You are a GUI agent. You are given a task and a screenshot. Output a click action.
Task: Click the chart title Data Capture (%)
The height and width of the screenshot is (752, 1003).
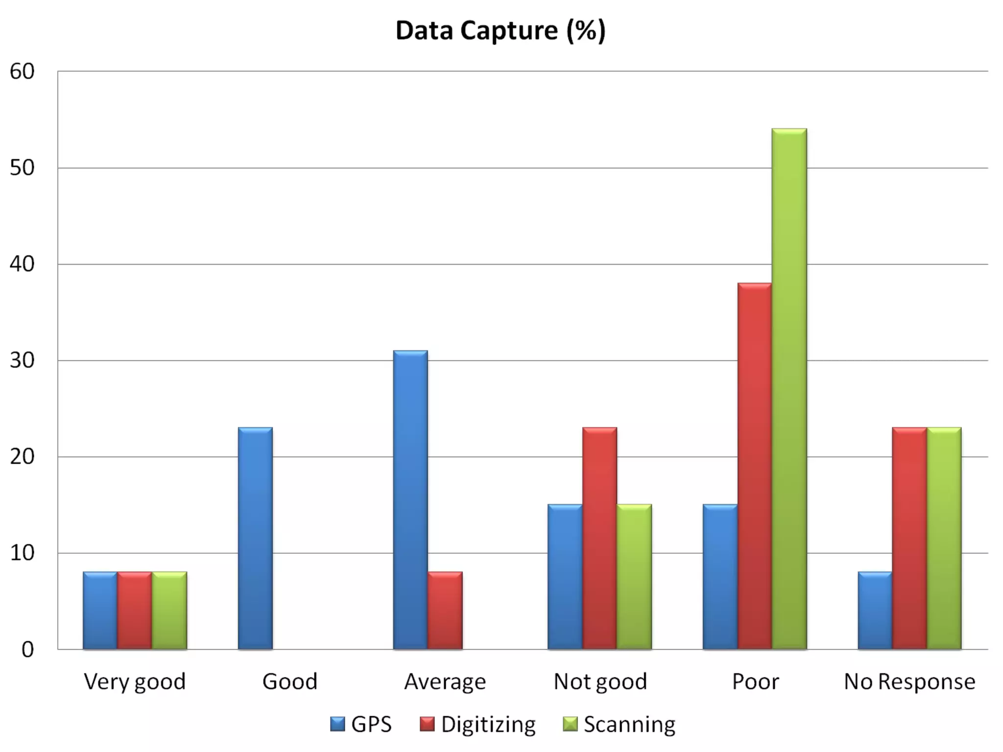pyautogui.click(x=501, y=30)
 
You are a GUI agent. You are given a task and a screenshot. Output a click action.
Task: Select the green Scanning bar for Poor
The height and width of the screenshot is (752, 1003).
pyautogui.click(x=789, y=389)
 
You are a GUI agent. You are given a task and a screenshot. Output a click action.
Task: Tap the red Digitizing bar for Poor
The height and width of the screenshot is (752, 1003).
pyautogui.click(x=754, y=466)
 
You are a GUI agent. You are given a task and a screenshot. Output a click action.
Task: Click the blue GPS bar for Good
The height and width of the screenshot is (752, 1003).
pyautogui.click(x=255, y=539)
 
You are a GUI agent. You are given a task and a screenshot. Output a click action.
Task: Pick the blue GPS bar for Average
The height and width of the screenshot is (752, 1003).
pyautogui.click(x=410, y=500)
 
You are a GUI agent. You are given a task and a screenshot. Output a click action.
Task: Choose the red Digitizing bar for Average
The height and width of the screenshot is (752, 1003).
pyautogui.click(x=445, y=611)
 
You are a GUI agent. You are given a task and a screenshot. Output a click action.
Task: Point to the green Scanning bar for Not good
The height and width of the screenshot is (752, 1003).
pyautogui.click(x=634, y=577)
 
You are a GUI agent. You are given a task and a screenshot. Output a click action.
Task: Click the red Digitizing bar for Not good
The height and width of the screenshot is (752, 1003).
pyautogui.click(x=599, y=539)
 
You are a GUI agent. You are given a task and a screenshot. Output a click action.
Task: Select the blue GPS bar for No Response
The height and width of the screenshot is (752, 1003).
pyautogui.click(x=875, y=611)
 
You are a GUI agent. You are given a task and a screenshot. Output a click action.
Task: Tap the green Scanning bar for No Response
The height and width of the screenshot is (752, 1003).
pyautogui.click(x=944, y=539)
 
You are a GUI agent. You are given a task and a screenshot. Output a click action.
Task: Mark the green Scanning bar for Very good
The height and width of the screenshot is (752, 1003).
pyautogui.click(x=169, y=611)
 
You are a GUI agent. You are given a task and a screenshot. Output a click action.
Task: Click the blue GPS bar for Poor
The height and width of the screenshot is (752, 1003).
pyautogui.click(x=720, y=577)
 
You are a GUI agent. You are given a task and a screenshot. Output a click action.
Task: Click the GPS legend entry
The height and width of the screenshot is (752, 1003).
pyautogui.click(x=361, y=724)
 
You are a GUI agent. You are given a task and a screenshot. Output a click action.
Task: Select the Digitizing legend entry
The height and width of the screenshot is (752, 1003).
pyautogui.click(x=478, y=724)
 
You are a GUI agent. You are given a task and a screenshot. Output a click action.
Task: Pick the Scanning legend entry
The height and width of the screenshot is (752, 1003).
pyautogui.click(x=620, y=724)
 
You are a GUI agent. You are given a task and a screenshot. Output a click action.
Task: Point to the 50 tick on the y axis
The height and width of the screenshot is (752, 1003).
pyautogui.click(x=22, y=168)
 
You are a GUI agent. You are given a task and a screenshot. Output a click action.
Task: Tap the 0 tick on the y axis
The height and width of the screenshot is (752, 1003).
pyautogui.click(x=27, y=650)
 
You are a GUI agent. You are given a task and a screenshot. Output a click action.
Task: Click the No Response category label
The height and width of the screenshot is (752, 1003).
pyautogui.click(x=909, y=681)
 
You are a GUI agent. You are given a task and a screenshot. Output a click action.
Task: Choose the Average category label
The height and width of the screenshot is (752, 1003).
pyautogui.click(x=445, y=681)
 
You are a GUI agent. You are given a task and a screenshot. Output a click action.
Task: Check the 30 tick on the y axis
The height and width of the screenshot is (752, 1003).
pyautogui.click(x=22, y=361)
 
